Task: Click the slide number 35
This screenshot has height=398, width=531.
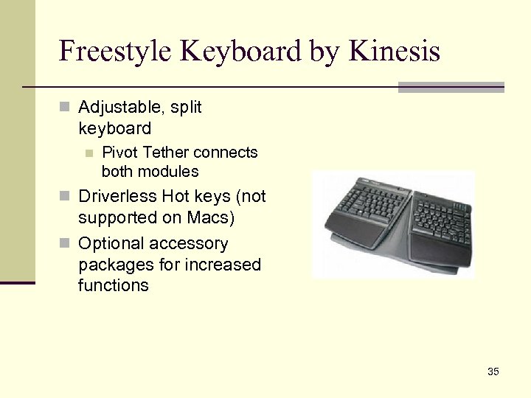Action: click(x=493, y=371)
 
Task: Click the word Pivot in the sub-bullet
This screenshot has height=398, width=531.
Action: click(x=120, y=153)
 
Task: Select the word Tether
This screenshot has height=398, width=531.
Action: click(x=166, y=153)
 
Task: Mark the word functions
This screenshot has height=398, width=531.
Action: click(x=114, y=286)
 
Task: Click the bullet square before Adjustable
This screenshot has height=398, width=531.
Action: click(x=64, y=108)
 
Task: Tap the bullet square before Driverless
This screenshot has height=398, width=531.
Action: click(x=64, y=198)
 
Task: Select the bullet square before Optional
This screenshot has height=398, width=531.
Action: click(x=64, y=244)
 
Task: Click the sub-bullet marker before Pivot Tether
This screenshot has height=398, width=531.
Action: click(x=88, y=153)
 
